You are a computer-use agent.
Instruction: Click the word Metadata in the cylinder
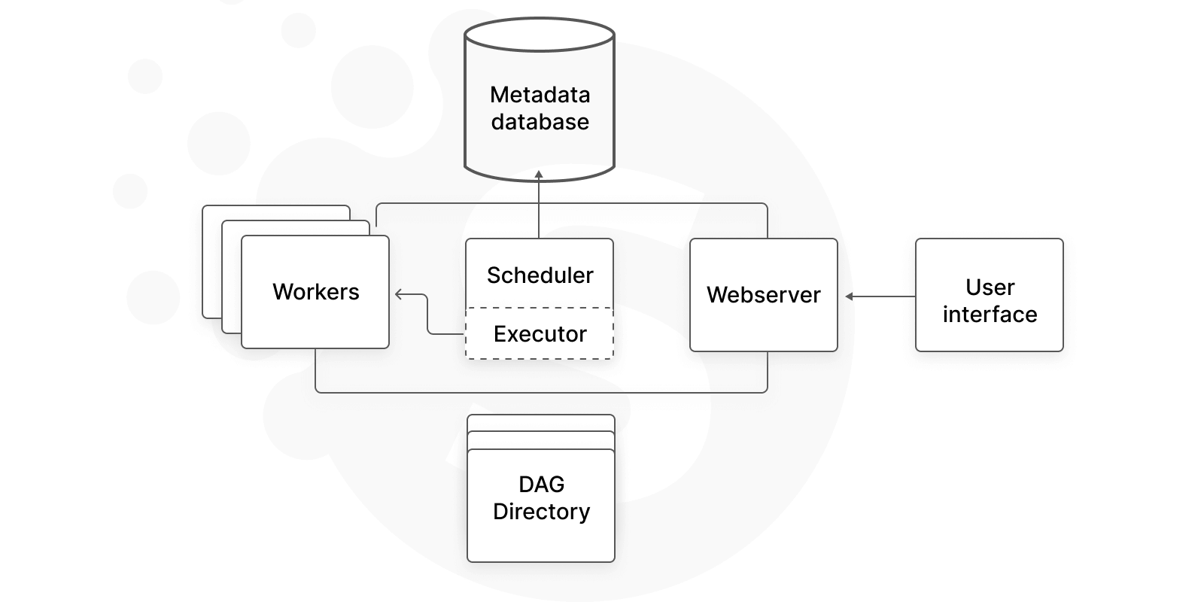(540, 95)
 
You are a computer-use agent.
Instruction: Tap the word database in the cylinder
(540, 122)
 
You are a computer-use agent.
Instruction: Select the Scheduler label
(540, 275)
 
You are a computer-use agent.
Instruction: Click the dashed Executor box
(540, 334)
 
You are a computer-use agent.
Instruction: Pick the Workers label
(315, 292)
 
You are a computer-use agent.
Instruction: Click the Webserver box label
(763, 295)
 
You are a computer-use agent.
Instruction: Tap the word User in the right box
(990, 287)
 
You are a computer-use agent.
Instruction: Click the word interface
(990, 315)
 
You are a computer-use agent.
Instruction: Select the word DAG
(541, 485)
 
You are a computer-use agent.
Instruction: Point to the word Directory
(541, 512)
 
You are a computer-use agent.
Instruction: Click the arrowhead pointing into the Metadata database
(539, 175)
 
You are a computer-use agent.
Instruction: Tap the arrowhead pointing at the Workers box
(399, 295)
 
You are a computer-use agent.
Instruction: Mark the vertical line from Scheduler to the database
(539, 211)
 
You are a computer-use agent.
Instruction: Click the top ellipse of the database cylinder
(540, 35)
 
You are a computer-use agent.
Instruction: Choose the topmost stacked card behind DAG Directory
(541, 422)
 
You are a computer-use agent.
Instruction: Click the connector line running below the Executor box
(542, 392)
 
